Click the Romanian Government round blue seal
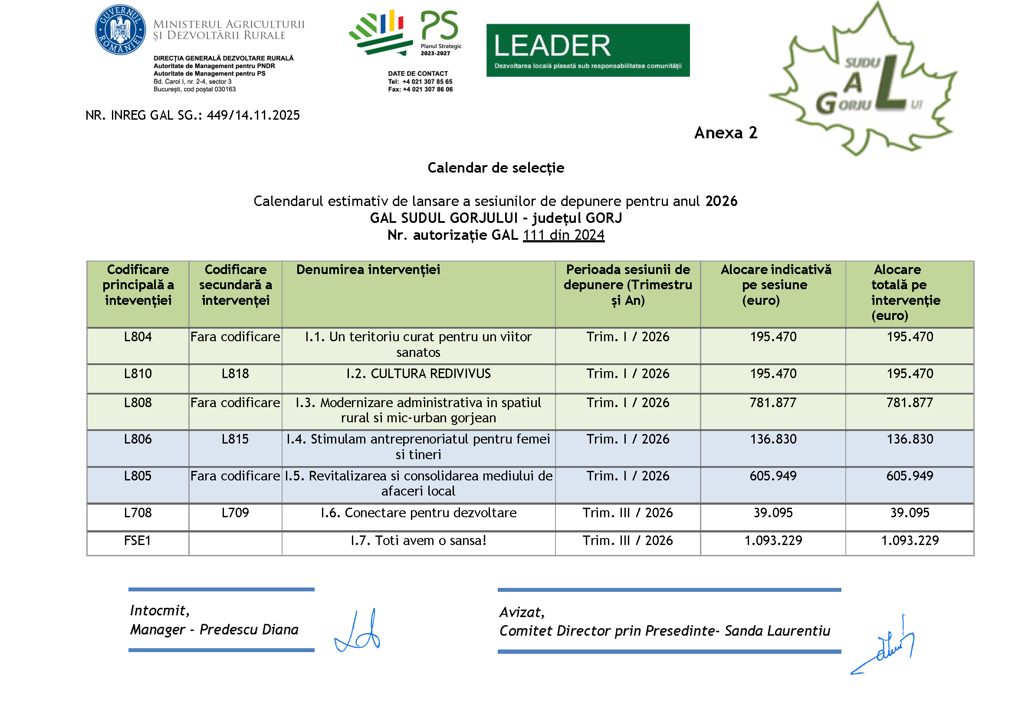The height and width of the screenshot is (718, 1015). tap(120, 30)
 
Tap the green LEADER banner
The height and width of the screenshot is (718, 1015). tap(587, 50)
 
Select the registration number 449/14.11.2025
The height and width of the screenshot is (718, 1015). tap(253, 115)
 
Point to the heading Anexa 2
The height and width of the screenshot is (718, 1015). tap(725, 133)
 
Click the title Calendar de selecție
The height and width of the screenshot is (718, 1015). tap(496, 168)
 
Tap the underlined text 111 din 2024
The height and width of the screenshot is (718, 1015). tap(563, 235)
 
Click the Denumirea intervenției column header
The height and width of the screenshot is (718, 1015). tap(368, 270)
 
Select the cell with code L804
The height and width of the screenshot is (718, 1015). tap(138, 337)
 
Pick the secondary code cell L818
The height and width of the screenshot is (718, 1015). tap(235, 374)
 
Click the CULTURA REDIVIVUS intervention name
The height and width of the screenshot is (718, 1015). tap(418, 374)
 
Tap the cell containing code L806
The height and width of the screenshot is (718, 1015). tap(138, 439)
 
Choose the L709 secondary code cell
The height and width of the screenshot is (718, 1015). tap(235, 513)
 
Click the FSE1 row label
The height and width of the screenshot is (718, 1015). tap(138, 541)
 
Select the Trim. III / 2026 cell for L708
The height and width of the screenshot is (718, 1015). tap(627, 513)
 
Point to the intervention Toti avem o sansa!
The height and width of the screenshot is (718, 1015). tap(418, 541)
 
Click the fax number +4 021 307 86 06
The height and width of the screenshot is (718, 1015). tap(427, 90)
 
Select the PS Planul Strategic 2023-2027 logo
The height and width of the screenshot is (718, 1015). tap(405, 33)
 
